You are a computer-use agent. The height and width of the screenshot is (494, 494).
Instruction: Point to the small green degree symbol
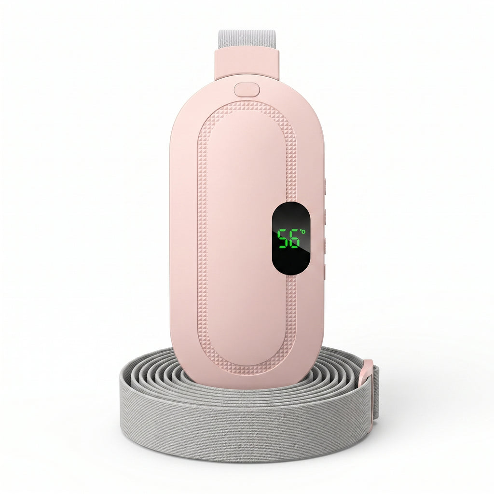303,232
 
